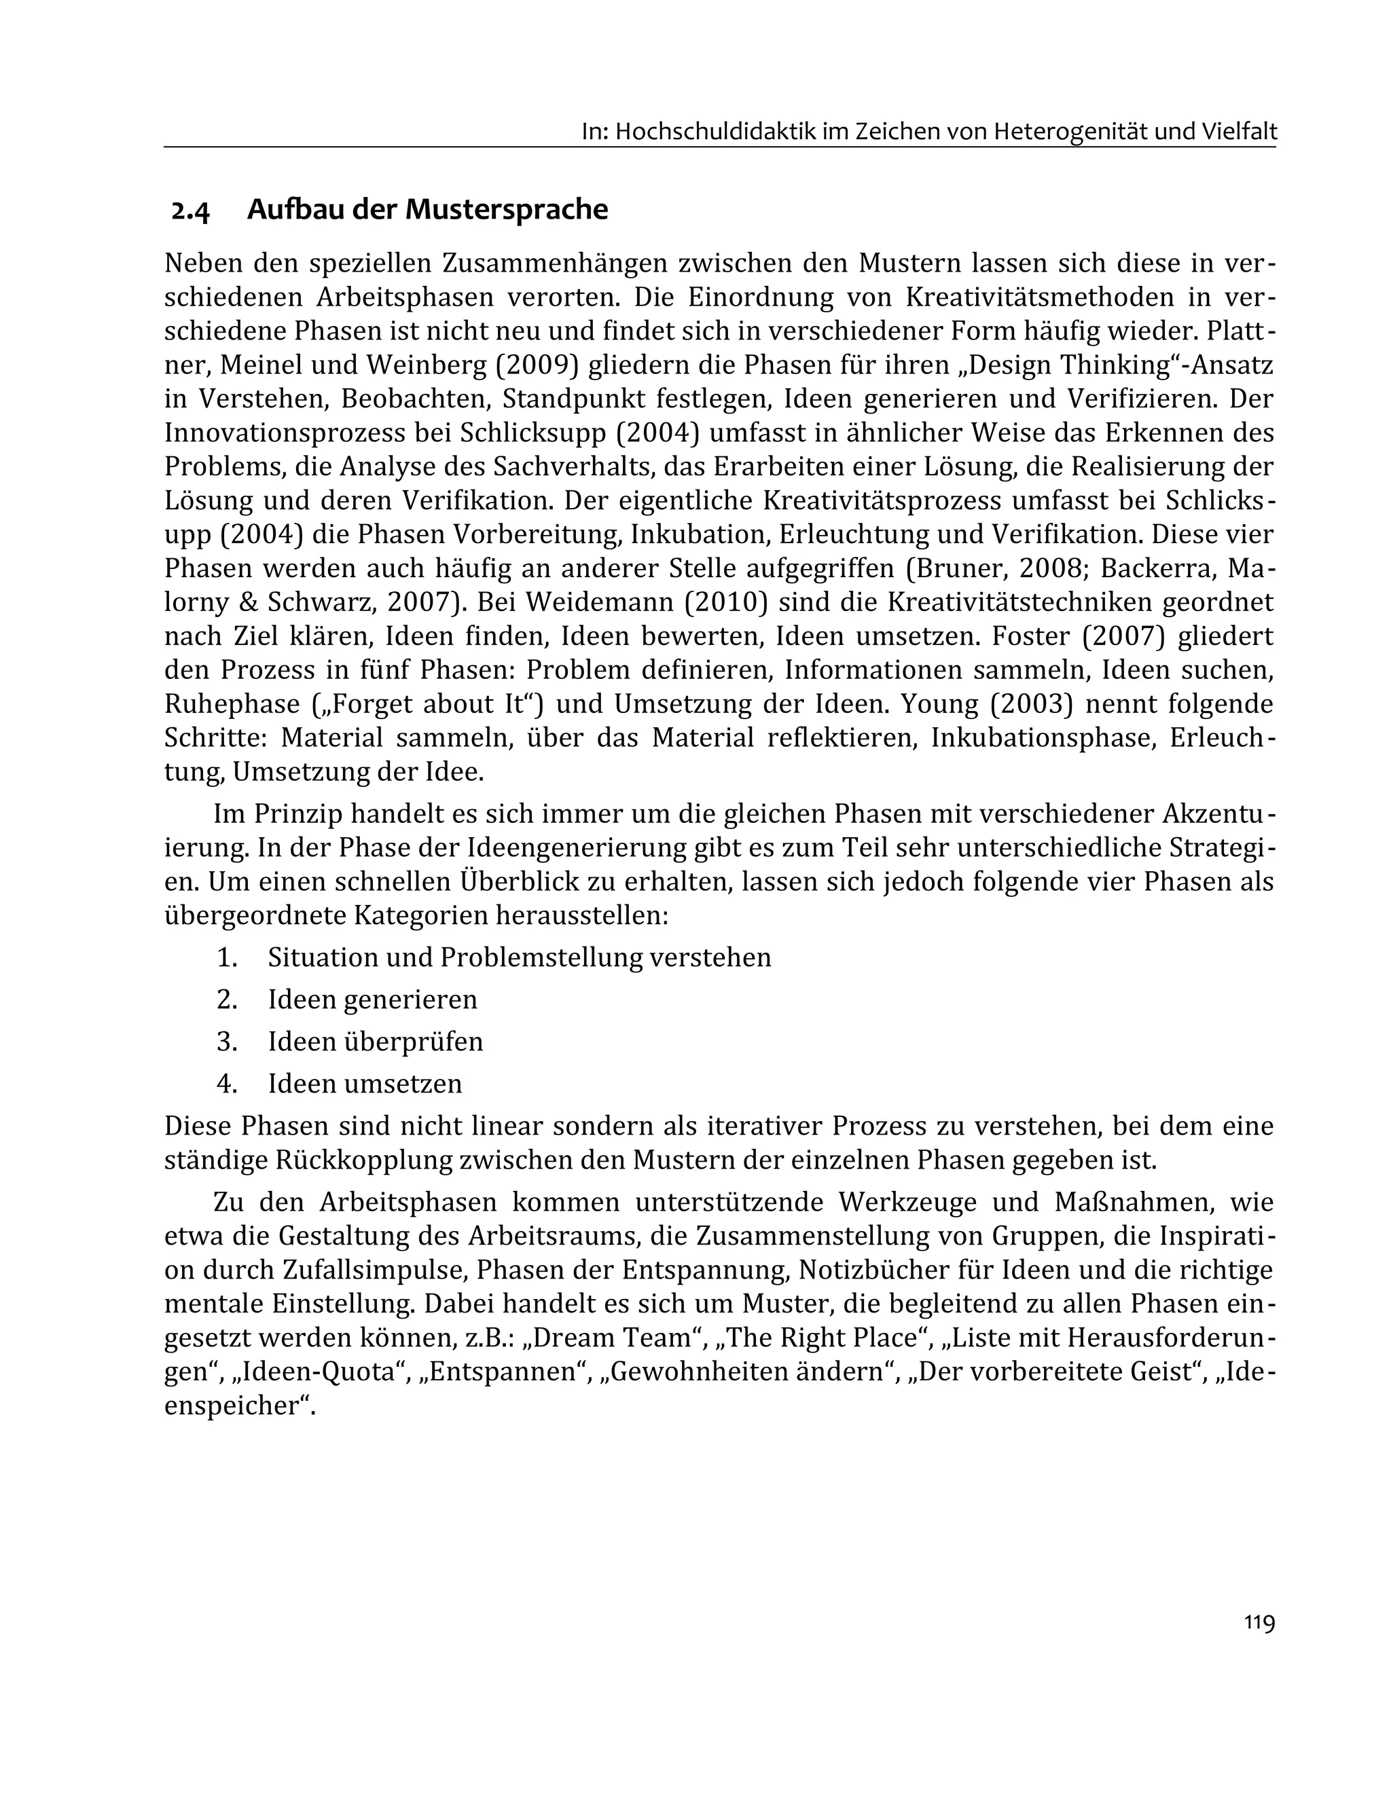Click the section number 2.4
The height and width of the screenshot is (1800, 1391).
coord(190,211)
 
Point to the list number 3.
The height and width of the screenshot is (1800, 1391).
coord(227,1042)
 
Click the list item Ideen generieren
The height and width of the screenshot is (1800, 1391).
coord(373,999)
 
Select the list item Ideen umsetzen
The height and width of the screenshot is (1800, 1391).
coord(365,1084)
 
